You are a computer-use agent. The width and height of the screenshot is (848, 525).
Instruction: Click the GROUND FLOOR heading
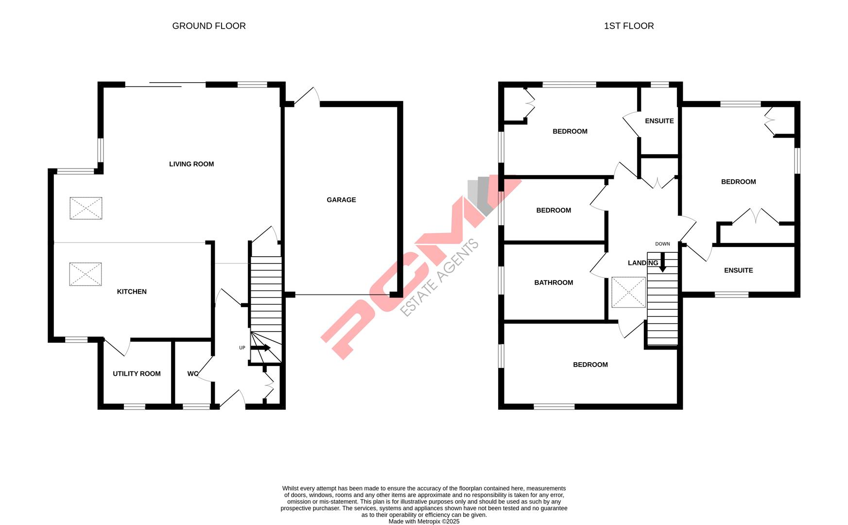(x=209, y=26)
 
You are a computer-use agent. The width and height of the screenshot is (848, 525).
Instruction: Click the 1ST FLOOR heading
(x=629, y=26)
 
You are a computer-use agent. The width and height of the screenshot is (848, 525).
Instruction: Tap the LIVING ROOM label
(x=191, y=164)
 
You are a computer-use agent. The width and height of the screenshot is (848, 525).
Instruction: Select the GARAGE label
(x=341, y=200)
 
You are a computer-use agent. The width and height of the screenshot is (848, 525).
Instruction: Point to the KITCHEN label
(x=132, y=292)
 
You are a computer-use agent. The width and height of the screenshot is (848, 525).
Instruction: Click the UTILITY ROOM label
(x=137, y=374)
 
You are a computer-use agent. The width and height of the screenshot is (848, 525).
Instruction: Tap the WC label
(x=192, y=374)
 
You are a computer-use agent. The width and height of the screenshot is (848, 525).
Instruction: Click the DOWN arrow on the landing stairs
(x=662, y=262)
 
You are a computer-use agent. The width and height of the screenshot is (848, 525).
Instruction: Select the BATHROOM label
(x=554, y=283)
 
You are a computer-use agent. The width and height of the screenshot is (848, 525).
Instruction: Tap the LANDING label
(x=642, y=263)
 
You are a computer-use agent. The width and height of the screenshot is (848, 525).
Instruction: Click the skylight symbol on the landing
(x=629, y=292)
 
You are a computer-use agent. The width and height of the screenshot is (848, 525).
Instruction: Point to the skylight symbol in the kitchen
(x=86, y=274)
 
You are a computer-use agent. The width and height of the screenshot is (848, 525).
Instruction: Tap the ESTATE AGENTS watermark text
(x=440, y=278)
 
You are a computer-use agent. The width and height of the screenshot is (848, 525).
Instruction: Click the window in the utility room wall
(x=135, y=406)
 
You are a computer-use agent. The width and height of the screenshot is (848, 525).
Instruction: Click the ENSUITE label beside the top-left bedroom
(x=659, y=121)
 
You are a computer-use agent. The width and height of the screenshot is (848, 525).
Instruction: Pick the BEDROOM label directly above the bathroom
(x=554, y=210)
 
